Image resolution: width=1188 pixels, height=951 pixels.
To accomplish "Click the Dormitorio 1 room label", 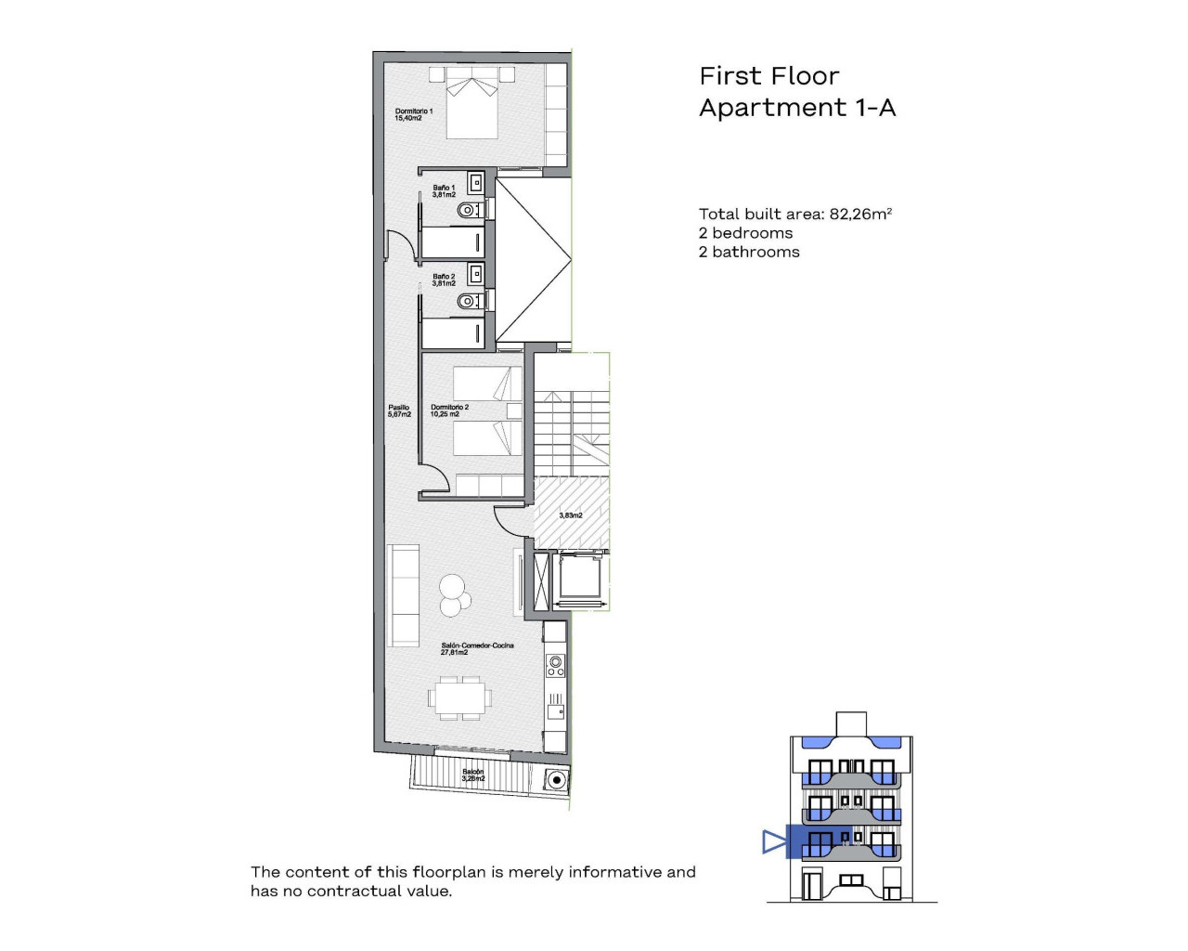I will tap(414, 115).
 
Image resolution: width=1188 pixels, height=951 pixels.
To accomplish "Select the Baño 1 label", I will tap(444, 191).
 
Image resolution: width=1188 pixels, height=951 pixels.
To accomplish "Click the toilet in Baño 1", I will tap(470, 211).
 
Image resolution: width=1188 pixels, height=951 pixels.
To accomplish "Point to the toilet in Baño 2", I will tap(470, 301).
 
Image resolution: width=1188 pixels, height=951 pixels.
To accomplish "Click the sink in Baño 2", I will tap(475, 273).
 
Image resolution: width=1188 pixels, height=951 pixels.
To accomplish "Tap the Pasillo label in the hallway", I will tap(399, 410).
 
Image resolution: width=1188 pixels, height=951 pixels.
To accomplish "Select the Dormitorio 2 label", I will tap(449, 410).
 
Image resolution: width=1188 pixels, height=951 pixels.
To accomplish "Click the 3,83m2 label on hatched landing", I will tap(571, 515).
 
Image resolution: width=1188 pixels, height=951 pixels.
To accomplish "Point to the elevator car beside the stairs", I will tap(581, 580).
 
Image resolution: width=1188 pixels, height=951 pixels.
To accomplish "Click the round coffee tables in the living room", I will tap(453, 595).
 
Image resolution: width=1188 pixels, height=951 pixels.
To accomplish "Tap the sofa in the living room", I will tap(403, 595).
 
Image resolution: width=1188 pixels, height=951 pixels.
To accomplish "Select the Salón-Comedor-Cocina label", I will tap(477, 648).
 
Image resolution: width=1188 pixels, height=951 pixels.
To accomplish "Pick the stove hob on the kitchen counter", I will tap(556, 665).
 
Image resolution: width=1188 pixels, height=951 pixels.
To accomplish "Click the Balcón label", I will tap(472, 775).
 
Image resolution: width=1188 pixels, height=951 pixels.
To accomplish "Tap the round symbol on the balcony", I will tap(557, 780).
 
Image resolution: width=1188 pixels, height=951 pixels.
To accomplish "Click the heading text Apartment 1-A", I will tap(797, 108).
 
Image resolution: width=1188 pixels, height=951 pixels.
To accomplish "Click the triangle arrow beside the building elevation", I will tap(773, 841).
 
